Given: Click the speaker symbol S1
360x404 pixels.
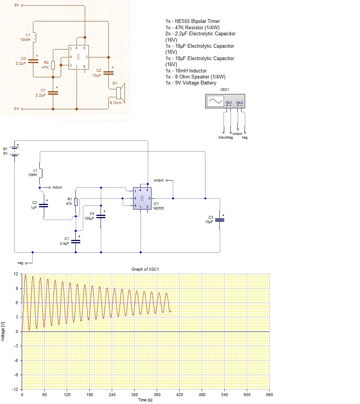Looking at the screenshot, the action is [x=120, y=93].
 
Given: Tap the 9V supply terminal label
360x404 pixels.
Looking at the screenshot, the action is [x=16, y=5].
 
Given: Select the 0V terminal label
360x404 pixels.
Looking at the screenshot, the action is [x=16, y=109].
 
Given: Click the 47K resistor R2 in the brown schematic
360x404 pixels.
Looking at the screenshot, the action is [x=53, y=65].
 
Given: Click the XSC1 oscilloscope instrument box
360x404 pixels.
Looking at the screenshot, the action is [x=225, y=101].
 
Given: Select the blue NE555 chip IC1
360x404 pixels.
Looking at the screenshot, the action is [x=142, y=198].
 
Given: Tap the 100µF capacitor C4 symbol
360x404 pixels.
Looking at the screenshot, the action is [x=101, y=217].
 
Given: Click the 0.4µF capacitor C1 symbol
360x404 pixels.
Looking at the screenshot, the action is [x=76, y=242].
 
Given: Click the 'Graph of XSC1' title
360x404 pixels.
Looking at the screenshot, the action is [x=145, y=269].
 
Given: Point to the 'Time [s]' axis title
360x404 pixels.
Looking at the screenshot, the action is [x=145, y=400].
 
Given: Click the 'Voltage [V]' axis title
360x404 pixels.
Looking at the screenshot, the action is [x=3, y=332].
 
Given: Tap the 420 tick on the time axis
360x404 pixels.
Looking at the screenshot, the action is [x=180, y=395].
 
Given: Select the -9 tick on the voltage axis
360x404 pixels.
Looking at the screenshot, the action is [x=16, y=375].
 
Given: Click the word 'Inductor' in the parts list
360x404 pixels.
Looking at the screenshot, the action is [x=198, y=71].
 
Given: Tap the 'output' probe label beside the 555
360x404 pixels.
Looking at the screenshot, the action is [x=159, y=180].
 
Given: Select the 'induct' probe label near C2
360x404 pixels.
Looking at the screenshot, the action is [x=57, y=187].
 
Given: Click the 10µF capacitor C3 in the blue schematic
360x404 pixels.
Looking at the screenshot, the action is [x=220, y=220].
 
